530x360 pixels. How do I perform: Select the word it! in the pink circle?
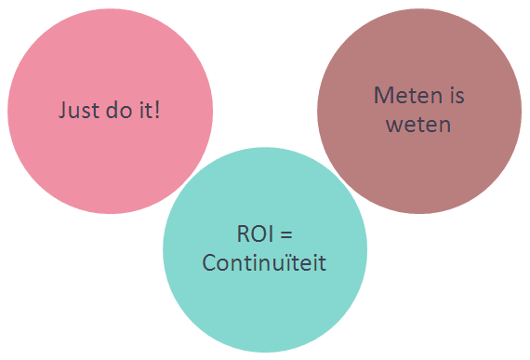150,109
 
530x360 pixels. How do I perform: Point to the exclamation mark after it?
157,110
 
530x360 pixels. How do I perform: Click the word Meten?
408,95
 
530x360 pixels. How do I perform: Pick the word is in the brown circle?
457,95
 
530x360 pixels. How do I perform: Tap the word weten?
418,125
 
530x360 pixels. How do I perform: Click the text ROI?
255,233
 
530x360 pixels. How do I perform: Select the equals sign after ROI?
286,234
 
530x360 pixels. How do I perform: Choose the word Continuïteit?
264,262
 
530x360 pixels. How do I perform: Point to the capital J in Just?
62,110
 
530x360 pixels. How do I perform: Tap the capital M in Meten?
382,95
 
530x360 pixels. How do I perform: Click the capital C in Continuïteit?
209,263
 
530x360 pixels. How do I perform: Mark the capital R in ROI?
243,233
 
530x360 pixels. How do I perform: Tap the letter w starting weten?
393,126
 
